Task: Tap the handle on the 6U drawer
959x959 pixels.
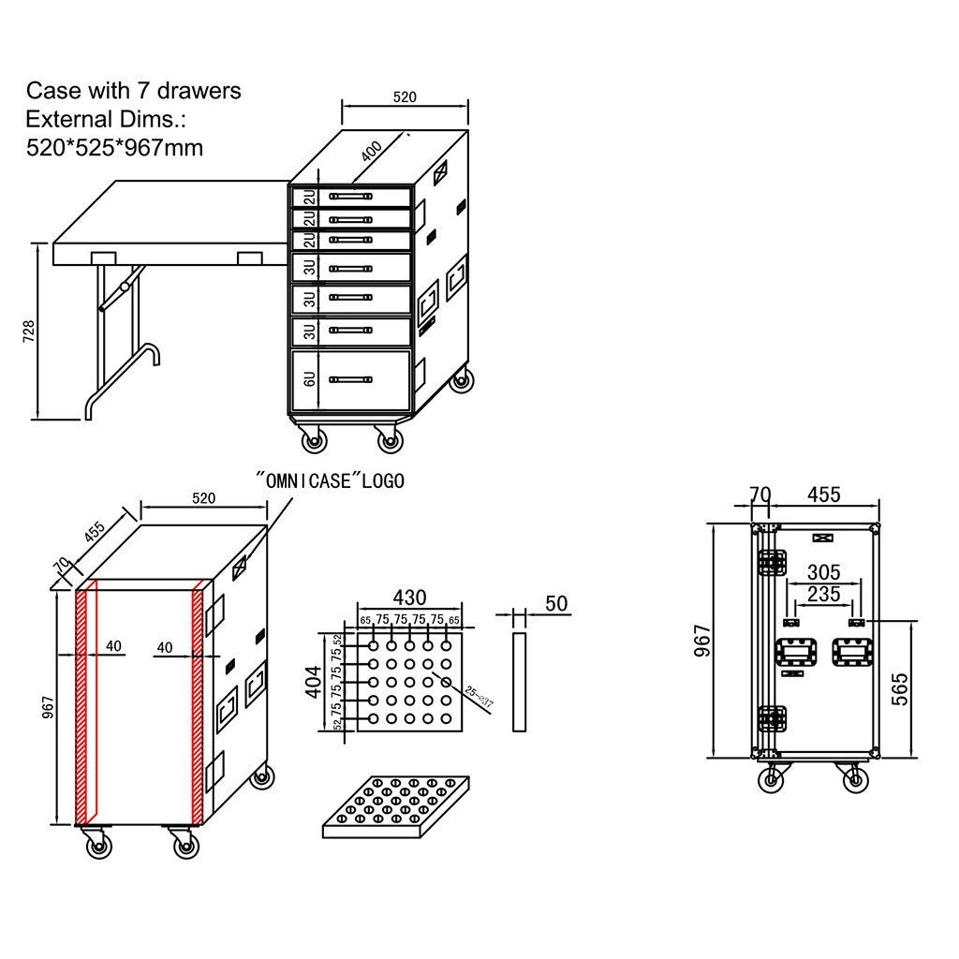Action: tap(350, 379)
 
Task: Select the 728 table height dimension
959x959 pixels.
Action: tap(28, 331)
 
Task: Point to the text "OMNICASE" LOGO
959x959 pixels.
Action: tap(331, 480)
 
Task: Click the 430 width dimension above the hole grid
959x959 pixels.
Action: tap(409, 598)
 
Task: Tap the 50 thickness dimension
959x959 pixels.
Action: tap(556, 603)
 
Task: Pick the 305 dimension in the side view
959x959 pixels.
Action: tap(823, 571)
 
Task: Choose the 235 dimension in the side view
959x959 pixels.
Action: tap(823, 594)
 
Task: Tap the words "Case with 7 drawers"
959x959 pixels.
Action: tap(133, 91)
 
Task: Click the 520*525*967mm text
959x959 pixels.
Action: tap(114, 147)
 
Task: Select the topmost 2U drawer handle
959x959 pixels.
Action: tap(350, 197)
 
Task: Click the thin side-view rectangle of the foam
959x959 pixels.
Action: tap(520, 681)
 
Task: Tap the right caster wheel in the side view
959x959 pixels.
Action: tap(853, 777)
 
